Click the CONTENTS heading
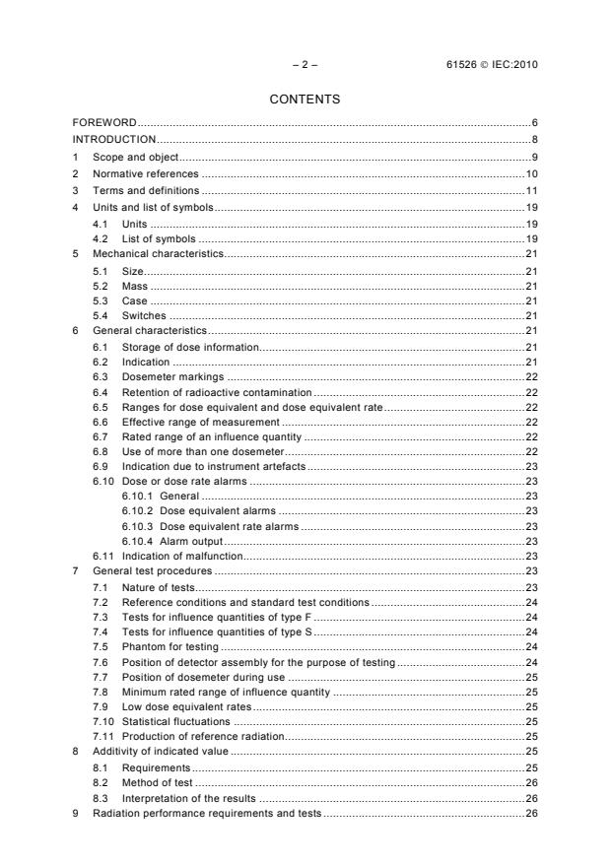coord(305,100)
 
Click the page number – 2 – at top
coord(305,65)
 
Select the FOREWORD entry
coord(104,122)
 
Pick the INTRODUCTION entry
coord(114,139)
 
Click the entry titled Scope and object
coord(135,157)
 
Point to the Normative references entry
coord(145,173)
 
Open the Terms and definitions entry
coord(145,190)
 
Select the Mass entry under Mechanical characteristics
coord(135,286)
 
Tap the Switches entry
coord(144,315)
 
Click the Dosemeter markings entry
coord(172,376)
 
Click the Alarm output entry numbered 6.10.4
coord(191,541)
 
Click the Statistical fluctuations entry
coord(175,721)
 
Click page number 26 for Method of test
coord(531,782)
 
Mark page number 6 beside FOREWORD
coord(533,122)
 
